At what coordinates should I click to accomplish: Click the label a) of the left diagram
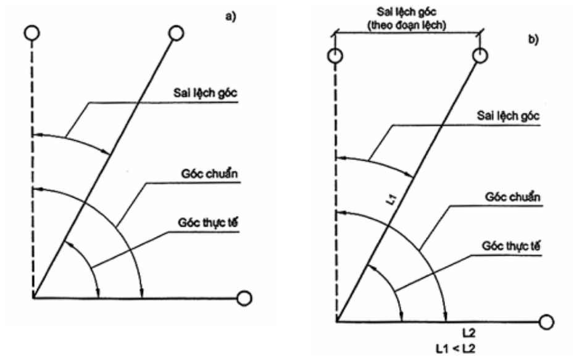pyautogui.click(x=231, y=17)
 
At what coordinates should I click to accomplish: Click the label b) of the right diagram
pyautogui.click(x=533, y=39)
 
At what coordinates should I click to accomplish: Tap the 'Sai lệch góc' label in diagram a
pyautogui.click(x=205, y=93)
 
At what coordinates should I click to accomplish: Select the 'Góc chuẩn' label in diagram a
pyautogui.click(x=209, y=174)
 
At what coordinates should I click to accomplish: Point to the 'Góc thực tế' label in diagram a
pyautogui.click(x=208, y=222)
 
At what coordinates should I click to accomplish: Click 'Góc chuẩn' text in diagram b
pyautogui.click(x=512, y=197)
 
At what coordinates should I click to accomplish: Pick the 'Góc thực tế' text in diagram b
pyautogui.click(x=510, y=246)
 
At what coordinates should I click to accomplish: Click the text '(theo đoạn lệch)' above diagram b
pyautogui.click(x=406, y=25)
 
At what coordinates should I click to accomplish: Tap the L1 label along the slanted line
pyautogui.click(x=391, y=200)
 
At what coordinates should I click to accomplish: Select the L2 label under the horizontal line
pyautogui.click(x=469, y=333)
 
